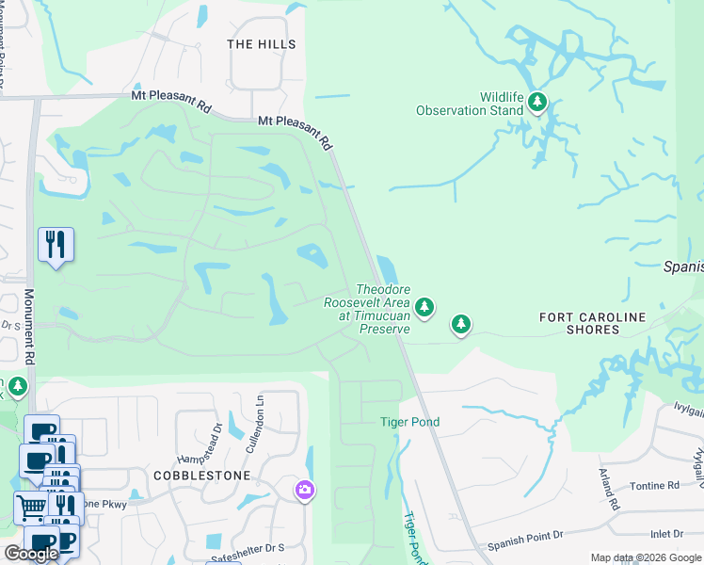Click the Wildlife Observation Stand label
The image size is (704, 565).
click(470, 104)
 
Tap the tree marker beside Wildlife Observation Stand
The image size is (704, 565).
click(537, 101)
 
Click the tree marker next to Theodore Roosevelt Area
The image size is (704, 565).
click(424, 306)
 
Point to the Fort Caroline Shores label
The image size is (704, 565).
click(593, 323)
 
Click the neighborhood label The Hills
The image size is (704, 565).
click(262, 44)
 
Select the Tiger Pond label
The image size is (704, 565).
click(409, 422)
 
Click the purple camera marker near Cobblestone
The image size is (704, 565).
click(304, 490)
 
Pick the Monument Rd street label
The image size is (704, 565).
click(29, 327)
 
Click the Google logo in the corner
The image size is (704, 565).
click(31, 554)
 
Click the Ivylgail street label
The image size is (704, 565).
click(671, 408)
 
